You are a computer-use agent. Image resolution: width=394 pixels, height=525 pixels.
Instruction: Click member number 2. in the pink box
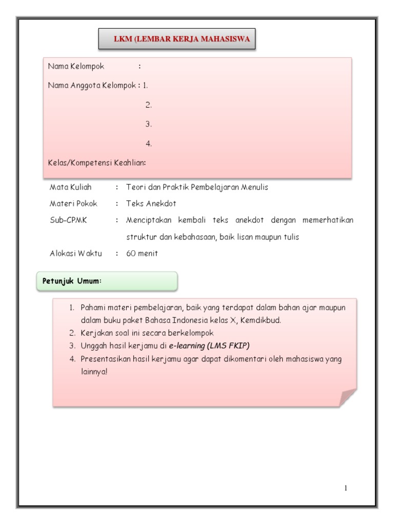pyautogui.click(x=149, y=105)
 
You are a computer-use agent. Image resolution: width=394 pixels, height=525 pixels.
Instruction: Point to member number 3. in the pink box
pyautogui.click(x=149, y=125)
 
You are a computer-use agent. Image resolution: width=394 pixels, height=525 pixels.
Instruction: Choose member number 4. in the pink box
pyautogui.click(x=149, y=144)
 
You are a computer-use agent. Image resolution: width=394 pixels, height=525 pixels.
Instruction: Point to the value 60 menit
pyautogui.click(x=142, y=253)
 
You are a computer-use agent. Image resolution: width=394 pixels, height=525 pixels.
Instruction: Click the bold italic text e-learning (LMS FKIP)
pyautogui.click(x=209, y=346)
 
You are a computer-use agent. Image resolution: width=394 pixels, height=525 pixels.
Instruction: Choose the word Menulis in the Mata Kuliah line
pyautogui.click(x=254, y=187)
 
